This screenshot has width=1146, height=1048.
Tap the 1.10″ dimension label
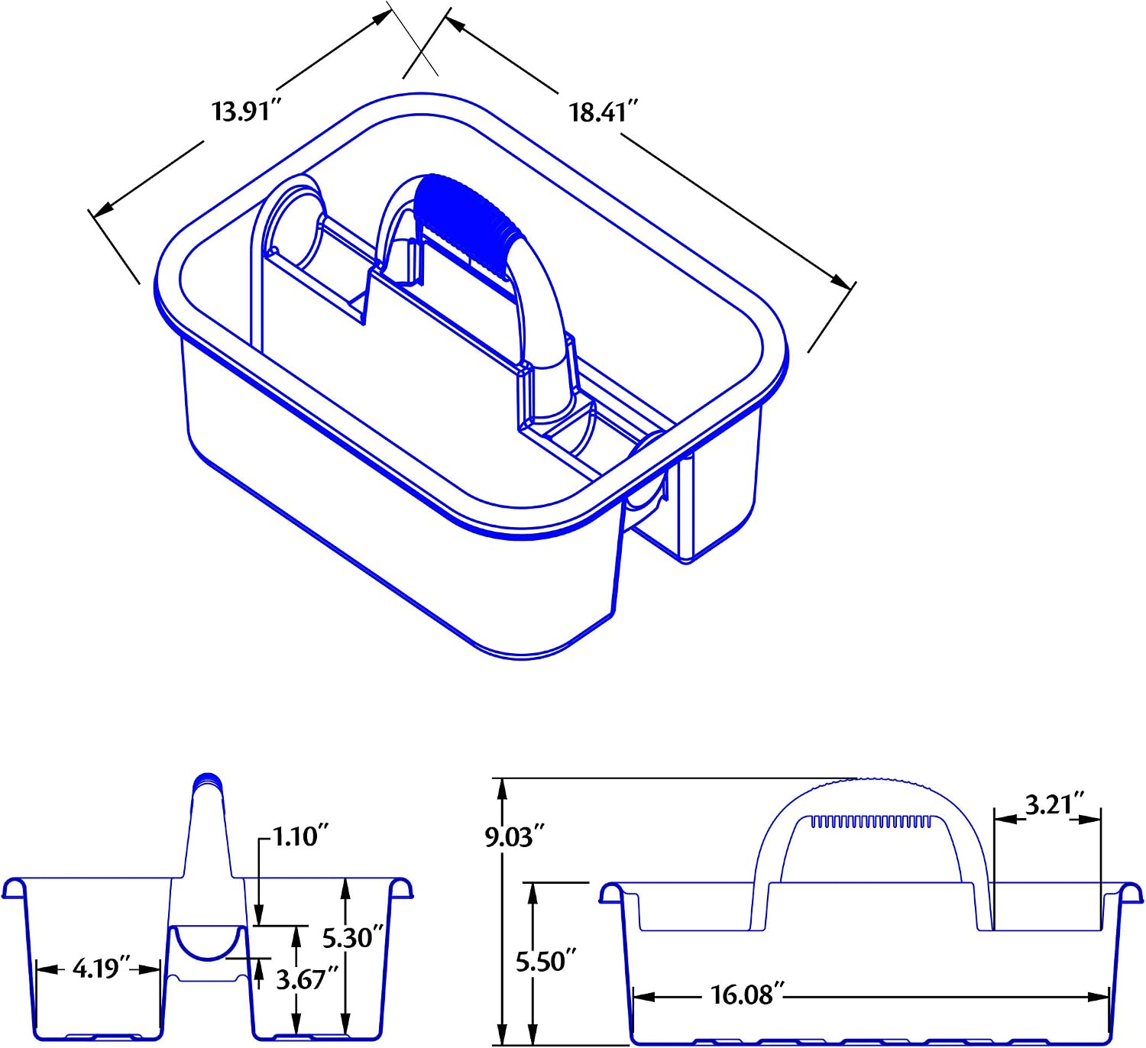click(x=300, y=836)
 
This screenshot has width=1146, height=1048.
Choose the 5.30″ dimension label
click(x=352, y=938)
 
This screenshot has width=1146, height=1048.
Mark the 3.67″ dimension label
click(x=307, y=979)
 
